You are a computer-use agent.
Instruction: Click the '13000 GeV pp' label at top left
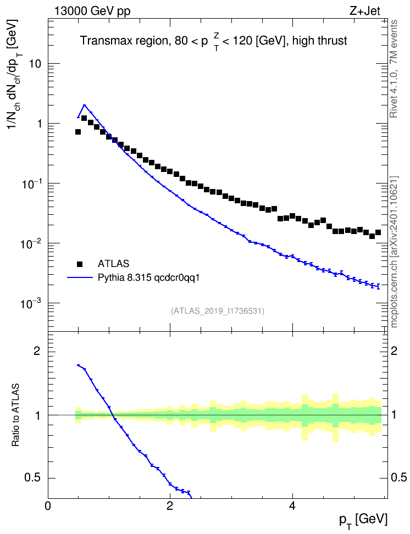[x=92, y=11]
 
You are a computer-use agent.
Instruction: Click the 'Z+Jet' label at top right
[x=365, y=11]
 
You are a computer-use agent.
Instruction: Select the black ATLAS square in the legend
[x=80, y=264]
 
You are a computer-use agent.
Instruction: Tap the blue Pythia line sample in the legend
[x=80, y=277]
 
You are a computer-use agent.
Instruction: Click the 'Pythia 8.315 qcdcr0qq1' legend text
[x=148, y=278]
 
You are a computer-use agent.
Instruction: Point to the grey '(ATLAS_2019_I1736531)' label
[x=218, y=311]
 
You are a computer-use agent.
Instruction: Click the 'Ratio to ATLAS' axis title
[x=15, y=415]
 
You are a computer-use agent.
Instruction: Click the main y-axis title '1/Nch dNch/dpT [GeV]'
[x=14, y=74]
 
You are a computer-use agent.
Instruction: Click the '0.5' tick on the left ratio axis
[x=34, y=478]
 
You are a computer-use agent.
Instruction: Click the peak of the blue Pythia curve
[x=84, y=105]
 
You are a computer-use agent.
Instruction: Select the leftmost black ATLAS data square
[x=78, y=132]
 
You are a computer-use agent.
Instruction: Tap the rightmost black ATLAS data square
[x=378, y=232]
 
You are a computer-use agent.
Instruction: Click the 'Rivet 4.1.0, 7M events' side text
[x=394, y=69]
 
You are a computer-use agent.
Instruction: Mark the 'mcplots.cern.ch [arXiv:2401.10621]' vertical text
[x=394, y=252]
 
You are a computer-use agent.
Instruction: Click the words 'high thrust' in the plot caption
[x=320, y=41]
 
